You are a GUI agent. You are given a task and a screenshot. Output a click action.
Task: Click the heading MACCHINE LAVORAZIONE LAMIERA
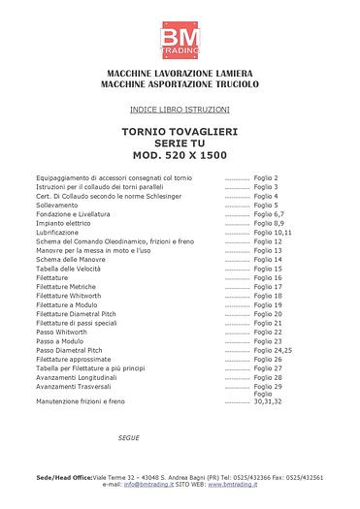(x=180, y=76)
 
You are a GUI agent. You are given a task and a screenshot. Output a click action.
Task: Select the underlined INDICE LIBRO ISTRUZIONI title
(x=180, y=109)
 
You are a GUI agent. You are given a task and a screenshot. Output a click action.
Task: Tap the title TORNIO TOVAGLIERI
(x=180, y=131)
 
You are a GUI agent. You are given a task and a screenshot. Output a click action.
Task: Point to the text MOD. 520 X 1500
(x=180, y=155)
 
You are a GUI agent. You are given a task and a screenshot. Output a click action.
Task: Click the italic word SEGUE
(x=128, y=438)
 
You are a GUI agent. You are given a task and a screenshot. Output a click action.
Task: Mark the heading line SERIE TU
(x=180, y=143)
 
